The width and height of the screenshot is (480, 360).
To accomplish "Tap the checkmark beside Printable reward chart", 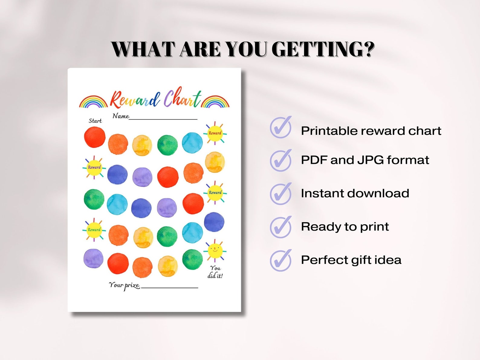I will (281, 128).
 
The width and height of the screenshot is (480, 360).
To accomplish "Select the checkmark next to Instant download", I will (281, 194).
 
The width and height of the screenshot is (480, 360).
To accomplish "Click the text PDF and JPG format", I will (365, 160).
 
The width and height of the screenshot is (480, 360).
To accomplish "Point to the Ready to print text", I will (345, 227).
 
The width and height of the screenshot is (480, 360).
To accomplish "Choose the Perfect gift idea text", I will (351, 260).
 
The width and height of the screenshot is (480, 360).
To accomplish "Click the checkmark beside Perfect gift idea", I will (281, 260).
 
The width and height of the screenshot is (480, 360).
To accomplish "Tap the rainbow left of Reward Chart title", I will (93, 102).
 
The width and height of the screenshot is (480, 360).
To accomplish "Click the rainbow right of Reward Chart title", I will (215, 102).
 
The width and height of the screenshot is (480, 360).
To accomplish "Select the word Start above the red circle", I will (95, 121).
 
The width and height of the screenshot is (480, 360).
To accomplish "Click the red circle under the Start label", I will (95, 137).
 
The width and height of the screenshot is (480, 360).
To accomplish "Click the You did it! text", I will (215, 272).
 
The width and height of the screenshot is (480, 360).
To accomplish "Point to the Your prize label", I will (124, 285).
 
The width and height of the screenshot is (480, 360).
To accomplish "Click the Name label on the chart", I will (121, 116).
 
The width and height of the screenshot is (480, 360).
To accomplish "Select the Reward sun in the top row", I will (215, 133).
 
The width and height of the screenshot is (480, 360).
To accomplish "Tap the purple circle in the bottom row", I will (93, 259).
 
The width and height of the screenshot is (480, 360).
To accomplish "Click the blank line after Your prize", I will (170, 287).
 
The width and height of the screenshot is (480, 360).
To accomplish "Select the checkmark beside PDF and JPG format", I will (281, 161).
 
